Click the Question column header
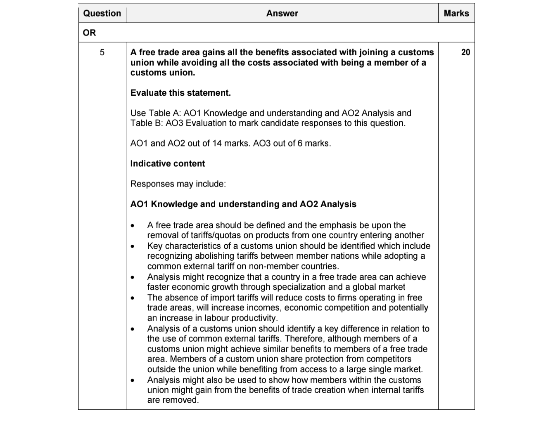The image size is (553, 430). point(102,13)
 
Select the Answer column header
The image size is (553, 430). point(282,13)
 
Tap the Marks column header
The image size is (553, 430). point(456,13)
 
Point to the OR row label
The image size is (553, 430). point(89,33)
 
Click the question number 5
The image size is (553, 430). point(102,52)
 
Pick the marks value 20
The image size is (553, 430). point(465,52)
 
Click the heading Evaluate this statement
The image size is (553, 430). point(180,93)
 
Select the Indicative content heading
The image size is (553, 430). point(168,163)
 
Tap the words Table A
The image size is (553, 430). point(164,113)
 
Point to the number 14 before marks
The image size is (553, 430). point(217,143)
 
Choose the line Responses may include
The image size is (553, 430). point(178,184)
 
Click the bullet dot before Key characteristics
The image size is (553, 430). point(132,246)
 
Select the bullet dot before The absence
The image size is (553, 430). point(132,298)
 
